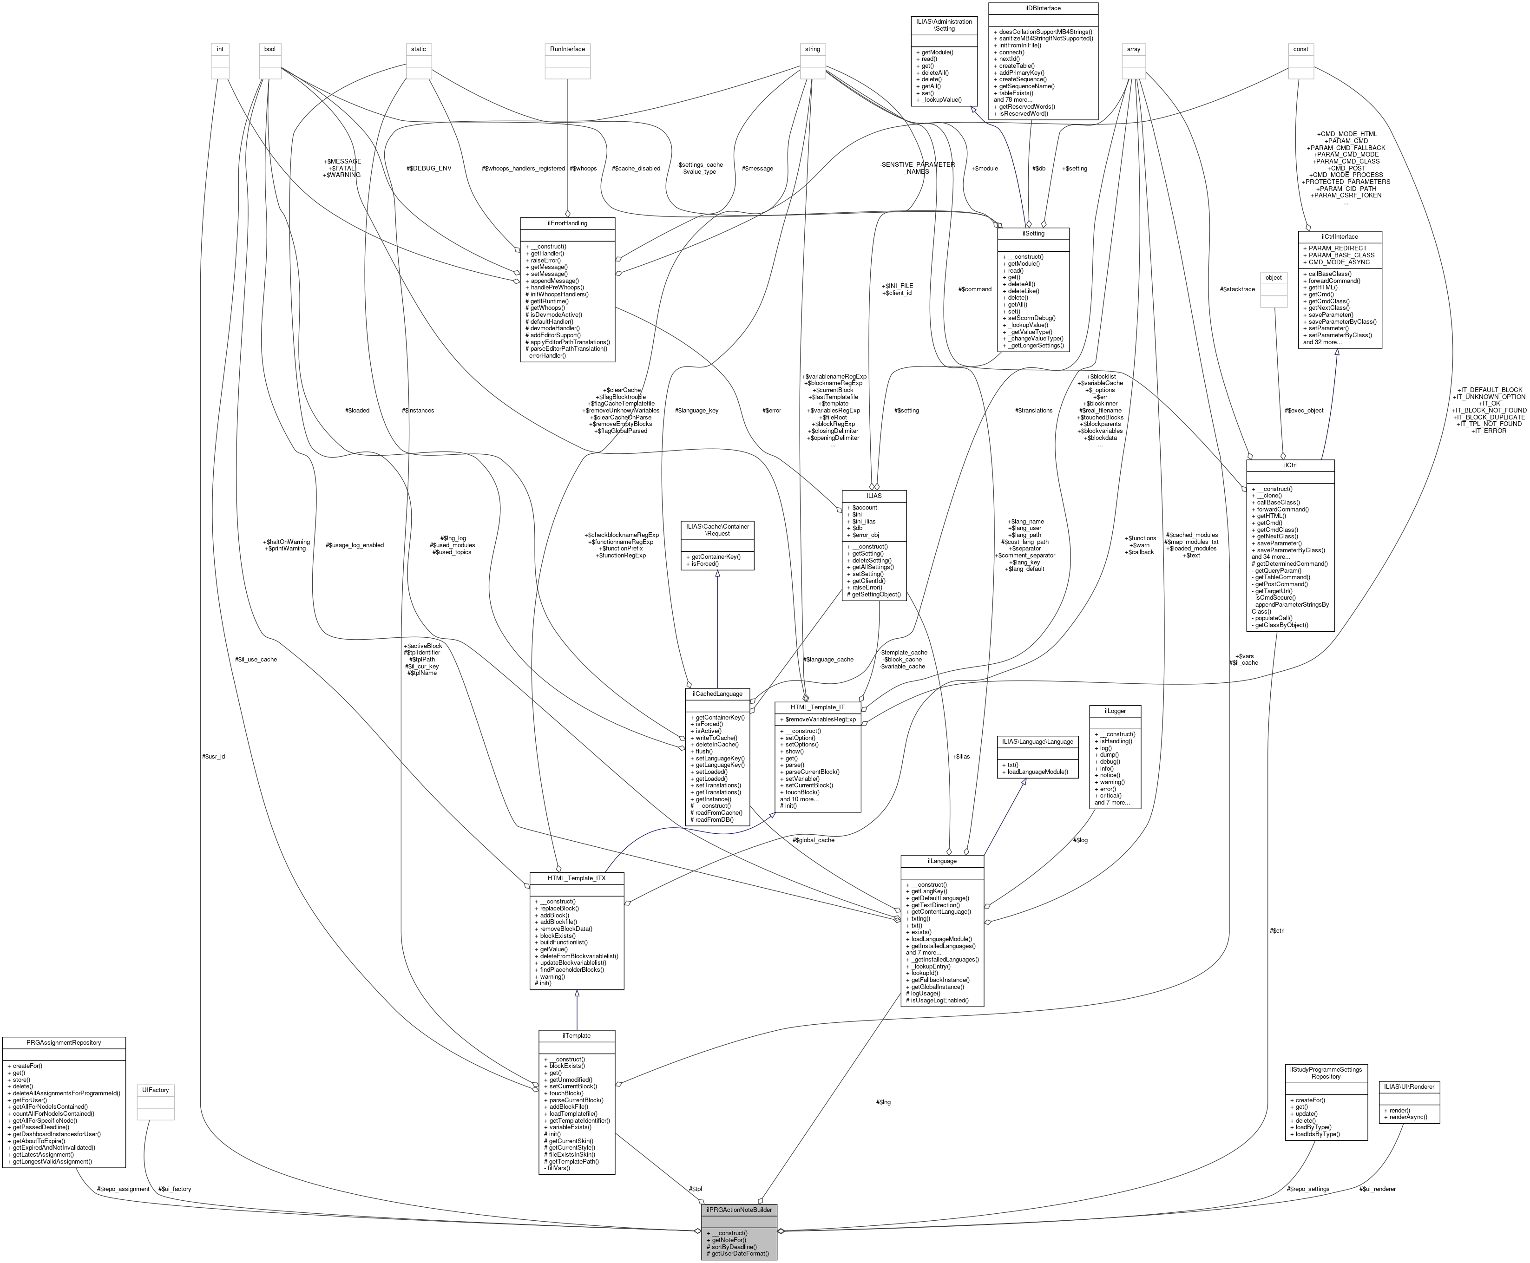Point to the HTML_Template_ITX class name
pos(576,878)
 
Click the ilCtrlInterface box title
pos(1340,236)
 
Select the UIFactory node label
pos(156,1090)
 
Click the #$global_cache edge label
pos(814,839)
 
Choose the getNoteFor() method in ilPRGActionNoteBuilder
pos(728,1240)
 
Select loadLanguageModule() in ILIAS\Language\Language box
pos(1035,771)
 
